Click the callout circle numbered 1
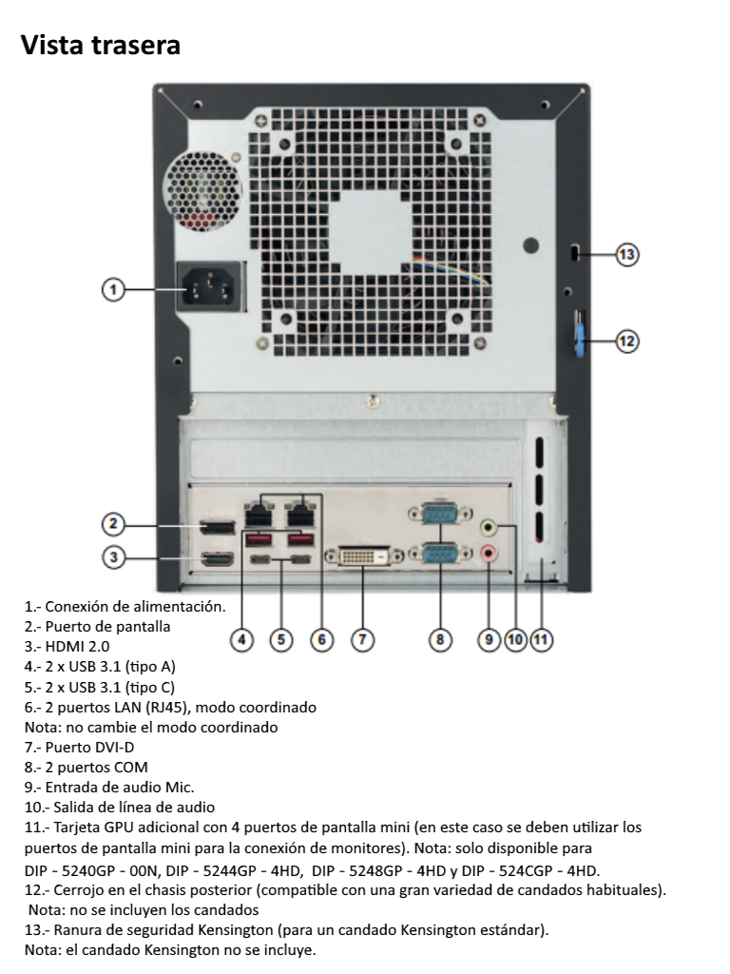114,289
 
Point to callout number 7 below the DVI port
362,640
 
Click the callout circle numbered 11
541,640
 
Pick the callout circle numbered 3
114,557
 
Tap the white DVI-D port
362,556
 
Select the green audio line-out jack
490,525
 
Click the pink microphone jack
490,554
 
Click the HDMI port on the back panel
218,560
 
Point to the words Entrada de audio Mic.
118,788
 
